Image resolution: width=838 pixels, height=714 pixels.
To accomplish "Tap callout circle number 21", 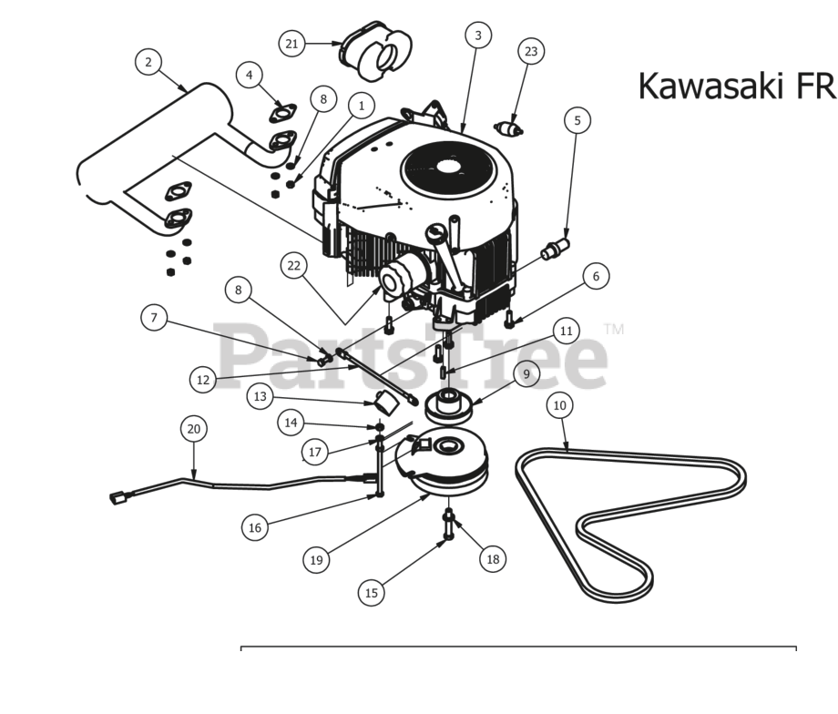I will click(291, 43).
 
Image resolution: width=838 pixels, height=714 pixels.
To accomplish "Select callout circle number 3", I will click(477, 36).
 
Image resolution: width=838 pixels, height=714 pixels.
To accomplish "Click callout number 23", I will click(531, 52).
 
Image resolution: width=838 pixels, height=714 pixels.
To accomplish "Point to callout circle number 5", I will click(577, 119).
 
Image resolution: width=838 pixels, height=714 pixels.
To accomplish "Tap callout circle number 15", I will click(371, 592).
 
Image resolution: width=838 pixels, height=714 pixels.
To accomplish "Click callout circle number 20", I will click(192, 428).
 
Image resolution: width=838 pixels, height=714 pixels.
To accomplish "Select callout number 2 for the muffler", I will click(148, 62).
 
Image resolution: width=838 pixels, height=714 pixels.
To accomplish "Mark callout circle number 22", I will click(293, 265).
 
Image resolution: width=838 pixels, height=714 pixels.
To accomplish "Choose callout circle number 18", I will click(493, 559).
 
